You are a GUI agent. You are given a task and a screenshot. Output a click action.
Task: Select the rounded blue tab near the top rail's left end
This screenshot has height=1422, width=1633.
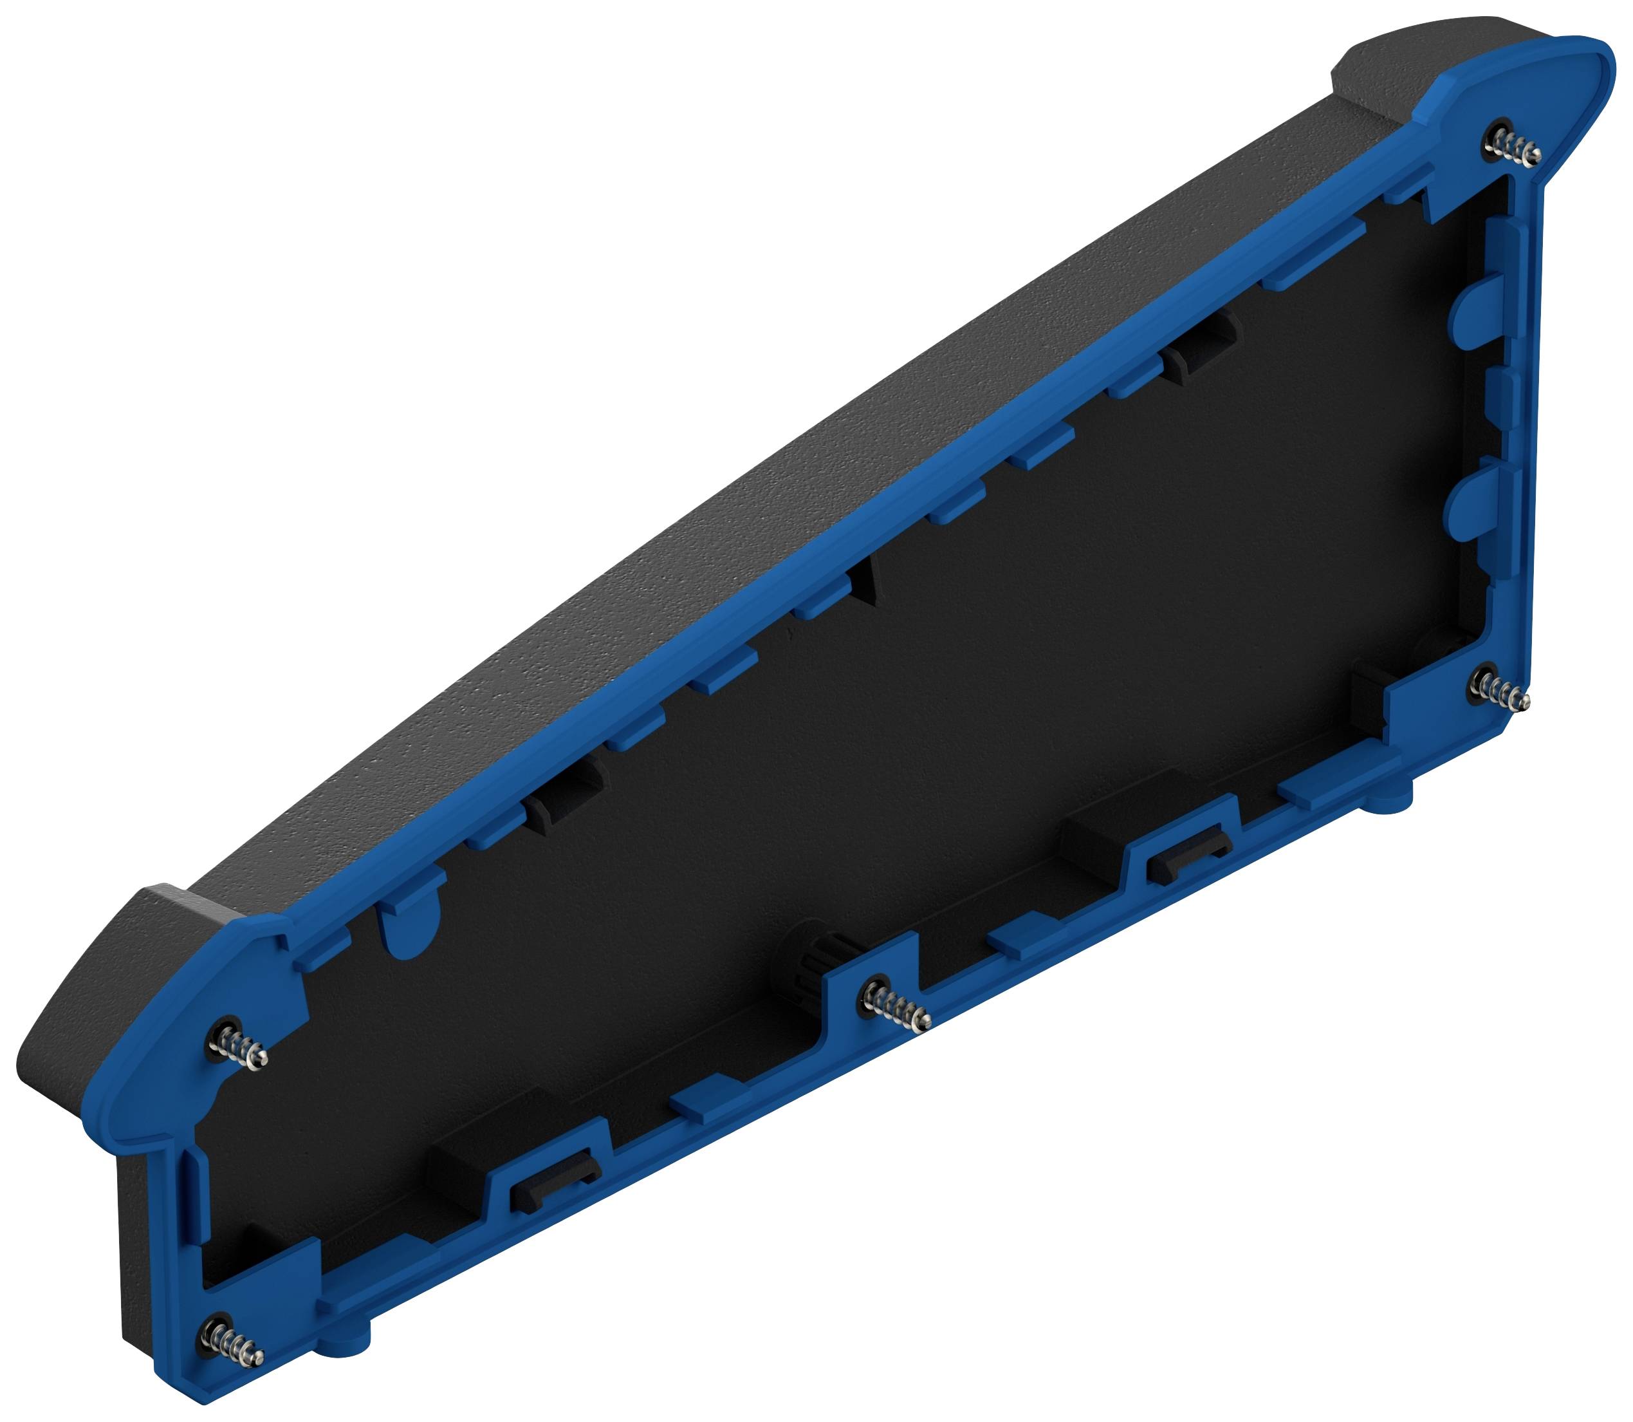click(411, 925)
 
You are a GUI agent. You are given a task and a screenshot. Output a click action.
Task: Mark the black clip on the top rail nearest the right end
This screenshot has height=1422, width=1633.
click(1203, 349)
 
